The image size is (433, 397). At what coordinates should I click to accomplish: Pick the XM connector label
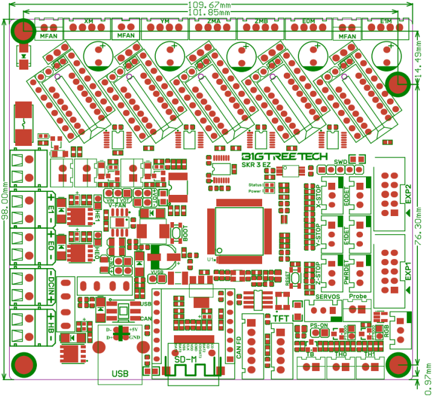(x=89, y=21)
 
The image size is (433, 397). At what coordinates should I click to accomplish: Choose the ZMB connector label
(x=261, y=21)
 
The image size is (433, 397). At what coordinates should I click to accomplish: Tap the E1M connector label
(x=386, y=21)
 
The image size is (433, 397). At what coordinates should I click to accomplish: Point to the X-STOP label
(x=318, y=195)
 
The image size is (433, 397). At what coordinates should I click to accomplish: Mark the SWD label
(x=341, y=162)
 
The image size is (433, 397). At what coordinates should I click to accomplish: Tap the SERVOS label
(x=328, y=297)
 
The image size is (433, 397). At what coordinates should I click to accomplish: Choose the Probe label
(x=358, y=297)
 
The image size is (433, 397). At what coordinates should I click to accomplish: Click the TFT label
(x=281, y=318)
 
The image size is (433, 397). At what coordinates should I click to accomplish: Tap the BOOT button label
(x=185, y=234)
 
